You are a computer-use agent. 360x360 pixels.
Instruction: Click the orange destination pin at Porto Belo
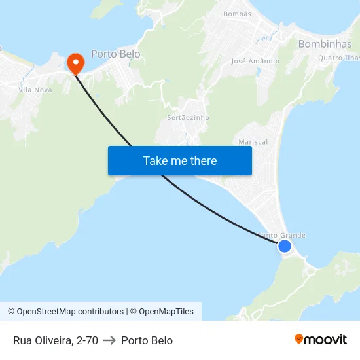coord(76,62)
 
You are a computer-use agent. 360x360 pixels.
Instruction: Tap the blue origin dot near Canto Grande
coord(284,246)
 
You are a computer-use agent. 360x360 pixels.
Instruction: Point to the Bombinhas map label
coord(325,44)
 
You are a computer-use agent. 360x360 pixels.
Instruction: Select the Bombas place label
coord(237,14)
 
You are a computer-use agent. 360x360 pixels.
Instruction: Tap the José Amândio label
coord(255,61)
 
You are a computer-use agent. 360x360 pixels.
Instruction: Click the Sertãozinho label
coord(188,117)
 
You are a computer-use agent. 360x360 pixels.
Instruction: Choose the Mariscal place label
coord(253,141)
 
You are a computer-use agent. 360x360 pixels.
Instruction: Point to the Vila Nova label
coord(35,89)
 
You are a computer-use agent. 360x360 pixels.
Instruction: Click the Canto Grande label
coord(281,235)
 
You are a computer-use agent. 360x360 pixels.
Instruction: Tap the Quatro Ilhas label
coord(338,57)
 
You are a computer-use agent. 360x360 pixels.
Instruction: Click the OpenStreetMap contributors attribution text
coord(70,312)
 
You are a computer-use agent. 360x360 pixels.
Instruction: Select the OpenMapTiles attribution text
coord(164,312)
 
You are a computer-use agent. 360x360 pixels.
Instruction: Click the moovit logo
coord(321,340)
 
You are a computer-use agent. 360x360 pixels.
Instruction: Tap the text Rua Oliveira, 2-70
coord(56,340)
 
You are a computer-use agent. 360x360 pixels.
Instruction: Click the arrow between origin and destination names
coord(109,340)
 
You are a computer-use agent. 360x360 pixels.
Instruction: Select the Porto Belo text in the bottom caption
coord(147,340)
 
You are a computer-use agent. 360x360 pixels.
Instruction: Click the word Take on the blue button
coord(156,161)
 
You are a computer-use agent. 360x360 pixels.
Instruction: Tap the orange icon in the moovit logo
coord(299,339)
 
